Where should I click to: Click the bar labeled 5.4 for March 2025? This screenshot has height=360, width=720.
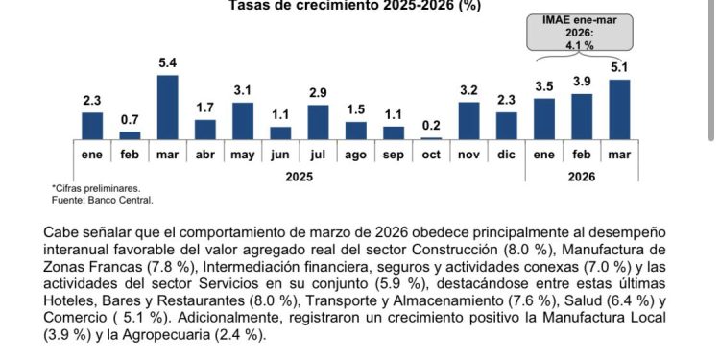click(167, 107)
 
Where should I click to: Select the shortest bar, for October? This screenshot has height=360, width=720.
click(431, 137)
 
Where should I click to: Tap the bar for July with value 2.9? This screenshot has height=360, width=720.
click(318, 122)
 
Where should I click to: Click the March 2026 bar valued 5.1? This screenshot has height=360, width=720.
click(619, 109)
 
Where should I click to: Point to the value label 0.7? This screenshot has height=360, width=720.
click(130, 120)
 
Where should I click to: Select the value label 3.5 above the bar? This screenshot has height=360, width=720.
click(544, 87)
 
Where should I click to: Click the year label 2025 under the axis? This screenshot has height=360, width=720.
click(300, 177)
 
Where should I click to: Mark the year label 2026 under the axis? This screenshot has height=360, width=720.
click(582, 177)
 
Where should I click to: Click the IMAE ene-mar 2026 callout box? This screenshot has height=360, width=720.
click(582, 35)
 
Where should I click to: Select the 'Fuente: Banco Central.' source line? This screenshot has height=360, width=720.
click(102, 201)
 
